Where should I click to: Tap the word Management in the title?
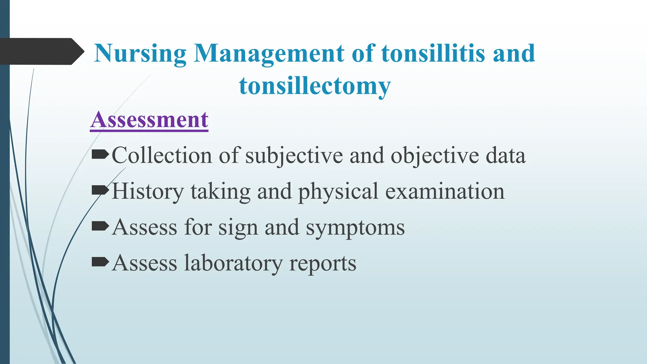point(269,54)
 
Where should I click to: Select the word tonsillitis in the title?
point(433,54)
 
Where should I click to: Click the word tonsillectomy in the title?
point(315,86)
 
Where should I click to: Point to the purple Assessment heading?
point(149,120)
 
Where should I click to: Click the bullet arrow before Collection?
point(100,155)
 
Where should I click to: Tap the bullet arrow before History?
point(100,191)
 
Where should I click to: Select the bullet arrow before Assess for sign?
point(100,226)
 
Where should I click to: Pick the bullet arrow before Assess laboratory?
point(100,262)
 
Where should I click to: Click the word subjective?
point(294,156)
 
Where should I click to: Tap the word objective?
point(435,156)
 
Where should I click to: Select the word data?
point(505,156)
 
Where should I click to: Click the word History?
point(148,191)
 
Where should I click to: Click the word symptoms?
point(355,227)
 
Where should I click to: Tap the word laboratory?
point(233,263)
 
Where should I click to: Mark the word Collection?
point(162,156)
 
